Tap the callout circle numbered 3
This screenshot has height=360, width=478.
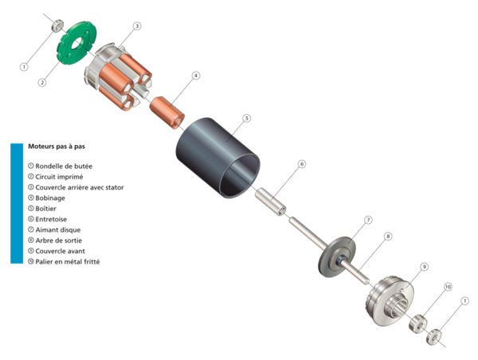137,26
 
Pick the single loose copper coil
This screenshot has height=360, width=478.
167,111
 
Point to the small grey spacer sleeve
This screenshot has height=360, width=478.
271,202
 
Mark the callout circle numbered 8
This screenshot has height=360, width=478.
388,237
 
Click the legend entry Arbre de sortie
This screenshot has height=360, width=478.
61,240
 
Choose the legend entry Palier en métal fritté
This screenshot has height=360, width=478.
71,261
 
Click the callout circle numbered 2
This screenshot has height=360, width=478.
43,81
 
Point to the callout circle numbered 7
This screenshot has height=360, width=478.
368,219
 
